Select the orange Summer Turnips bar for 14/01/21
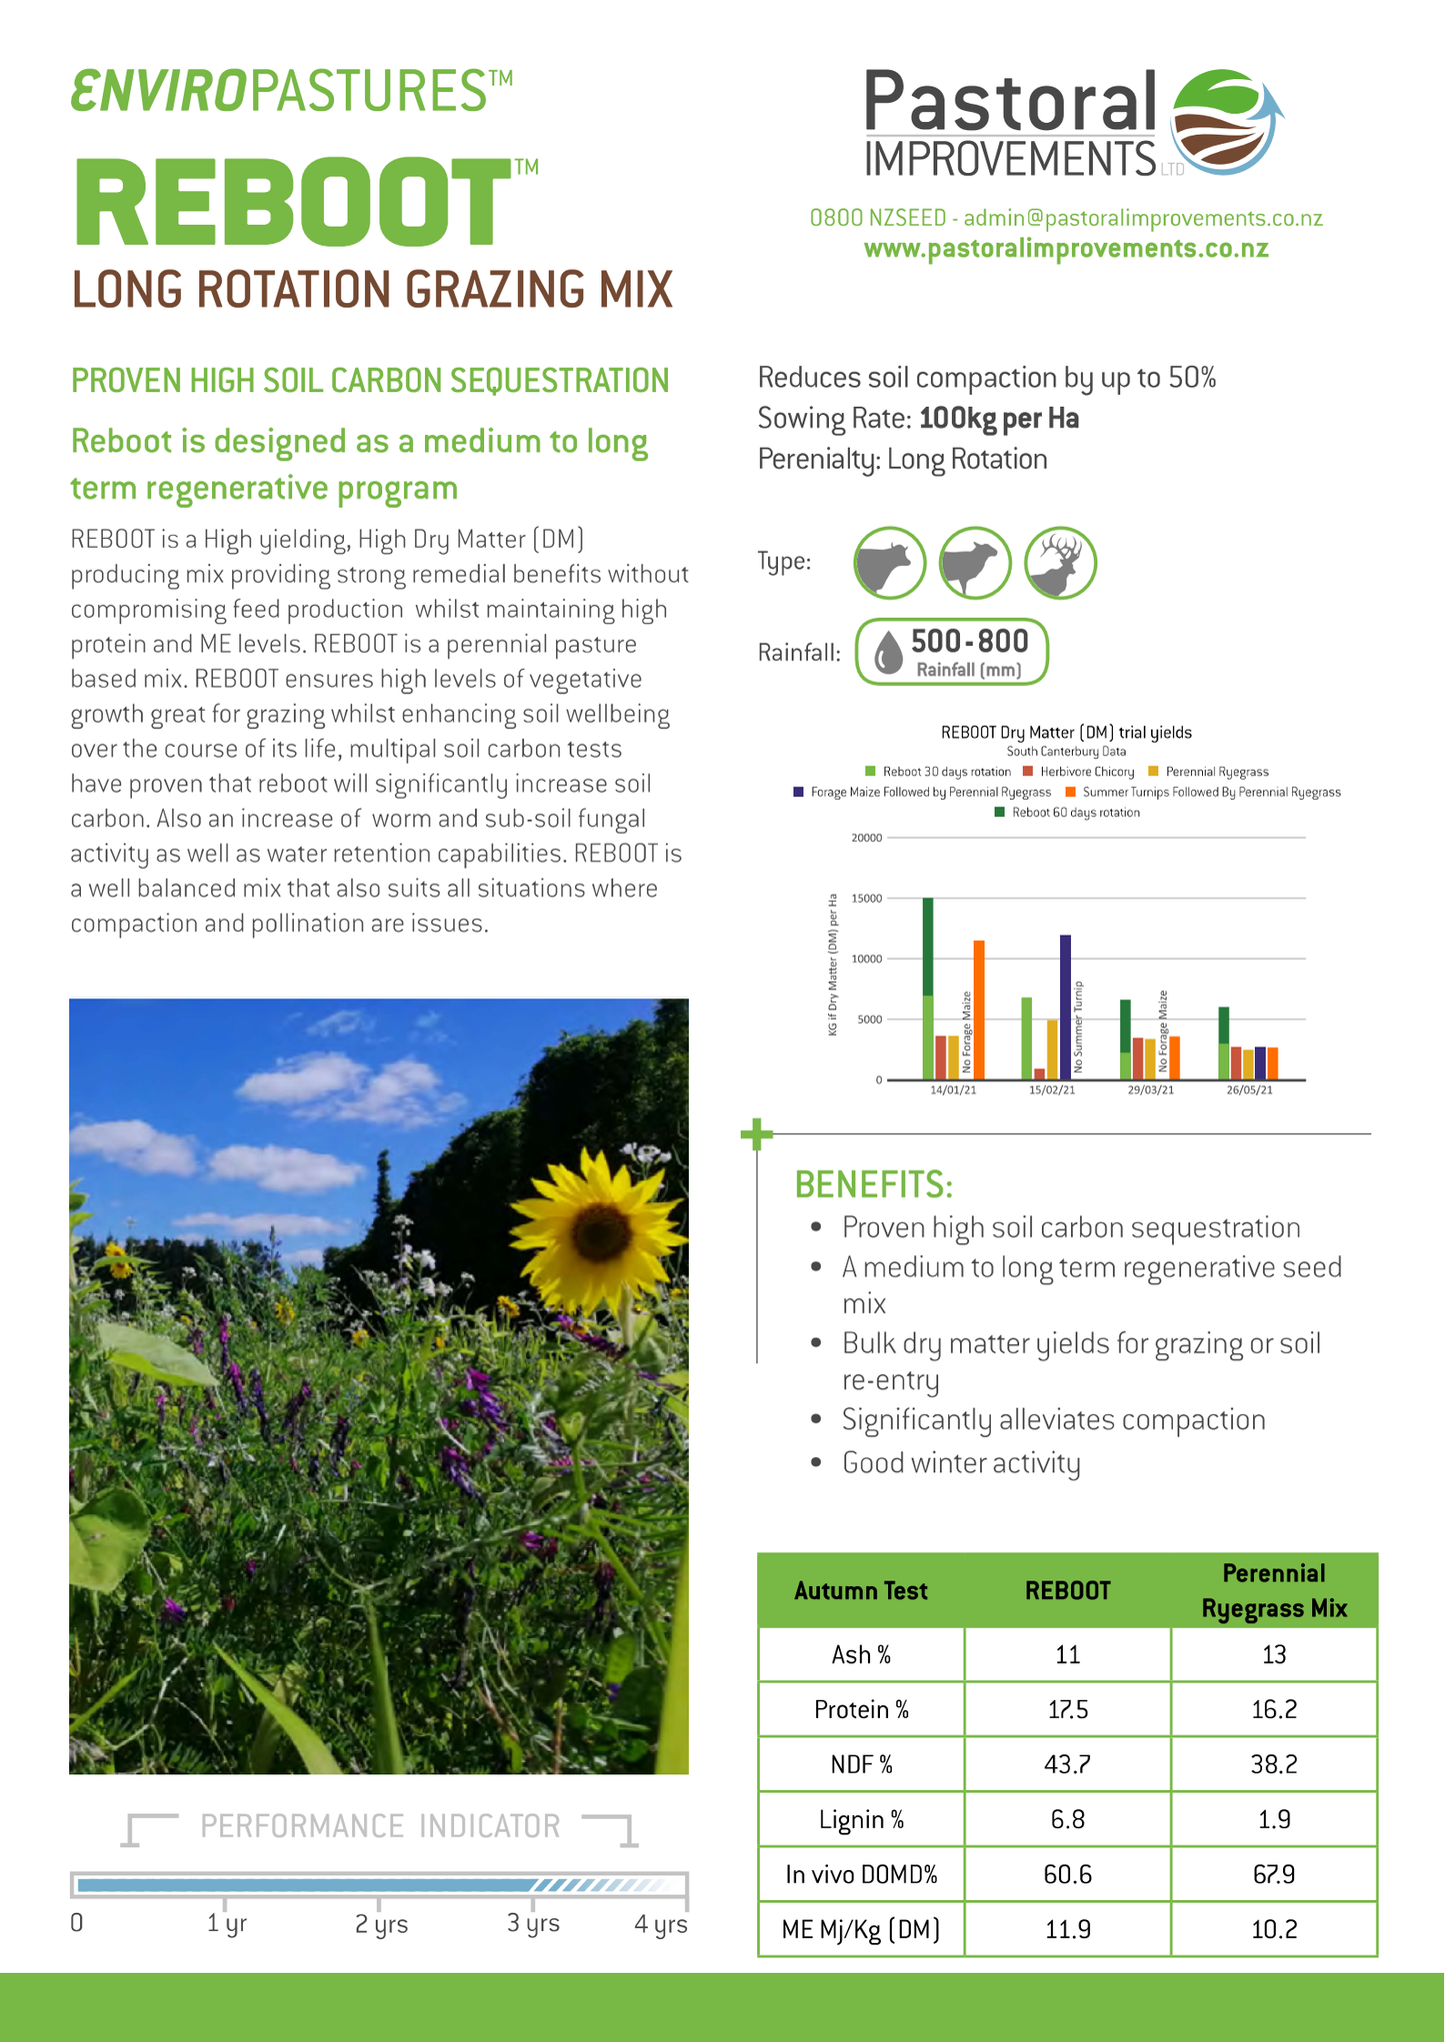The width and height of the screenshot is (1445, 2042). click(x=979, y=1010)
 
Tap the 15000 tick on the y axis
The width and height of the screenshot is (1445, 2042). click(x=867, y=899)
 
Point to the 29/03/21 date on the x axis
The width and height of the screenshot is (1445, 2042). click(x=1151, y=1089)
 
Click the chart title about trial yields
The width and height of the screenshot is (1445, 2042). click(x=1066, y=733)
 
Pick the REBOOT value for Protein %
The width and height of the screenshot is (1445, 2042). click(x=1067, y=1709)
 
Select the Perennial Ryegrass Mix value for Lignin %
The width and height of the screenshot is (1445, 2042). click(x=1273, y=1819)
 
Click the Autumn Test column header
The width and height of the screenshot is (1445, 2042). click(x=861, y=1591)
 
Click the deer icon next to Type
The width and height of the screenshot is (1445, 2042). click(x=1061, y=563)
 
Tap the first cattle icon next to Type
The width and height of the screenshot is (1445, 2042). click(x=889, y=563)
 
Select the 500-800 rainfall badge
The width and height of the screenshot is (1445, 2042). click(x=951, y=652)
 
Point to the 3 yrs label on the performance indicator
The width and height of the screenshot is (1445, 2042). click(x=533, y=1924)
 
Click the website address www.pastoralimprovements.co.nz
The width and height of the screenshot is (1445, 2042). click(x=1066, y=249)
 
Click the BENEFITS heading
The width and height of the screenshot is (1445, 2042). click(x=873, y=1184)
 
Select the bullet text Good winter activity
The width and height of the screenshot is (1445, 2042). click(x=961, y=1463)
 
